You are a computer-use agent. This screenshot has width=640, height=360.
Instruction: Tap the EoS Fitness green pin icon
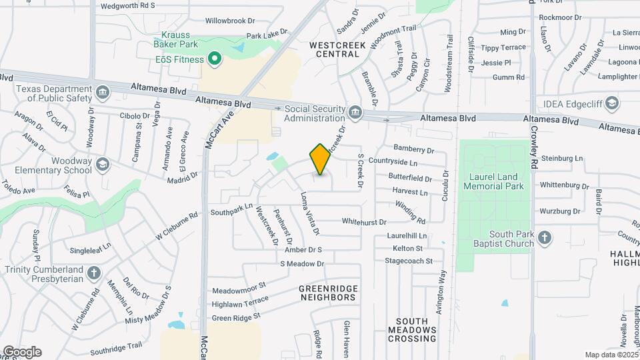click(x=215, y=60)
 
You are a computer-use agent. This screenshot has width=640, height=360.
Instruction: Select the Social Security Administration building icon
click(x=355, y=111)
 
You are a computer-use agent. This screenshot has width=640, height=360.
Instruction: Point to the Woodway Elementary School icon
click(x=102, y=164)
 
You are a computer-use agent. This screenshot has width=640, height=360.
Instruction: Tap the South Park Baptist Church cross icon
click(x=545, y=238)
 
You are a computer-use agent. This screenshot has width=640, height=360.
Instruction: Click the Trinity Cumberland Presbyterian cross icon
click(x=93, y=272)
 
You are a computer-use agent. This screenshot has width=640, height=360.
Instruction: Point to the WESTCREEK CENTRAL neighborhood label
click(x=335, y=49)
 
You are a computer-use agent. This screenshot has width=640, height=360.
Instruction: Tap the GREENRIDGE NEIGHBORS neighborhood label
click(x=328, y=293)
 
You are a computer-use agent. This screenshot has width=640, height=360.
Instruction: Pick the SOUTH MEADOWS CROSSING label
click(x=412, y=330)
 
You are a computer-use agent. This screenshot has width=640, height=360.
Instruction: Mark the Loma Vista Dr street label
click(x=310, y=214)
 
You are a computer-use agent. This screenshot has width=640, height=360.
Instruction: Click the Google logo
click(x=22, y=351)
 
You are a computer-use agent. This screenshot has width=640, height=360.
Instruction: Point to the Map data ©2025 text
click(x=610, y=355)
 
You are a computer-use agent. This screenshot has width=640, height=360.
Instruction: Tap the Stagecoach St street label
click(x=409, y=260)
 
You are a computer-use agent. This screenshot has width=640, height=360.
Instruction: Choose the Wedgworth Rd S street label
click(x=128, y=5)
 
